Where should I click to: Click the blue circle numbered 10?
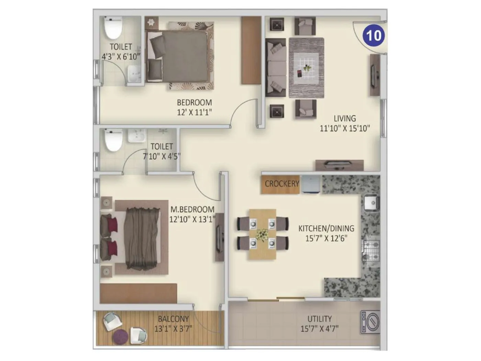point(374,35)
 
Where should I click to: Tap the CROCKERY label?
point(282,184)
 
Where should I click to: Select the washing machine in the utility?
point(370,322)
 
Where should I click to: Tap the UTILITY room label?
point(320,319)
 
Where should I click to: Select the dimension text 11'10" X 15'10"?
point(345,129)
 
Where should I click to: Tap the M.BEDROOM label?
point(192,209)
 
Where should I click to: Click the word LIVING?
point(345,119)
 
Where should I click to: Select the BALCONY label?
point(173,319)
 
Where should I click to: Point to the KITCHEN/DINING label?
point(326,228)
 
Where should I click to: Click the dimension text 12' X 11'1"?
point(194,112)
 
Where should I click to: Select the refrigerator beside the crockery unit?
point(310,185)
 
